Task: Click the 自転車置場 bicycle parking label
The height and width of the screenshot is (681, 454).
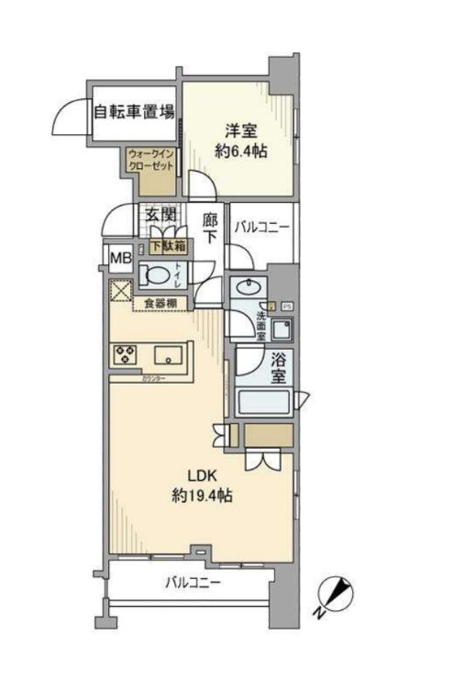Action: tap(135, 114)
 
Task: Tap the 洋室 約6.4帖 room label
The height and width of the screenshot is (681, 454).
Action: tap(240, 140)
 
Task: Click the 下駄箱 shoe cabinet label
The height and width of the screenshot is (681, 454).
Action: tap(167, 246)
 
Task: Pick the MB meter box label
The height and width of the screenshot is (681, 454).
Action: tap(121, 257)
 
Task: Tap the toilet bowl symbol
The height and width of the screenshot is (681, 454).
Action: tap(157, 274)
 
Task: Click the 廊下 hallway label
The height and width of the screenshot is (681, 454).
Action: tap(209, 228)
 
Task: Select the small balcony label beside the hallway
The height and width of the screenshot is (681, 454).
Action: tap(261, 225)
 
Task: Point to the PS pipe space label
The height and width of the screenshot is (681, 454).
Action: tap(287, 306)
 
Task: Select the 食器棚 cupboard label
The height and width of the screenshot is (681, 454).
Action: tap(161, 303)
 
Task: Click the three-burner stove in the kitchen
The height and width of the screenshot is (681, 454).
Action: tap(126, 354)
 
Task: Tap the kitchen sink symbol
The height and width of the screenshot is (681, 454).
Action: tap(170, 354)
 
